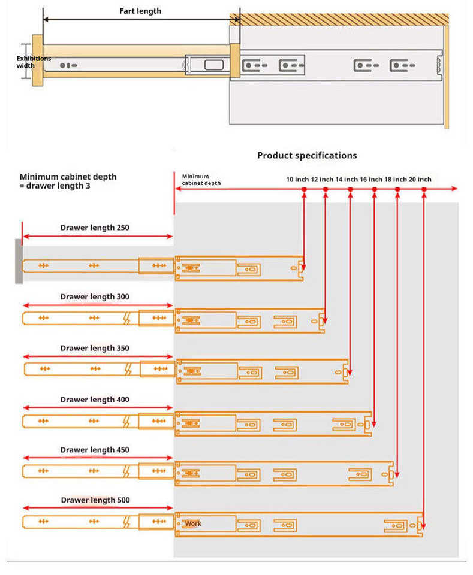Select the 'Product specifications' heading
[x=307, y=155]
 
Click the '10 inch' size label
[x=297, y=180]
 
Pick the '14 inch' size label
[x=346, y=180]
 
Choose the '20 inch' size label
[x=420, y=180]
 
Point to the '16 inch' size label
[x=370, y=180]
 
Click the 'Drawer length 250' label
[x=95, y=228]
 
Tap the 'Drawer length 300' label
[x=95, y=296]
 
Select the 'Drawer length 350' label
[x=95, y=348]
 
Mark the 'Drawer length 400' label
[x=95, y=400]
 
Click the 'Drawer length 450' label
[x=95, y=450]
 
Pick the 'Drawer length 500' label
[x=95, y=500]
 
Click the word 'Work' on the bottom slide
[x=193, y=524]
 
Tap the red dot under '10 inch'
[x=304, y=189]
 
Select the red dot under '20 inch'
[x=424, y=189]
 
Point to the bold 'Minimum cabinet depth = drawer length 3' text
[x=68, y=181]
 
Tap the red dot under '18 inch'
[x=397, y=189]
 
